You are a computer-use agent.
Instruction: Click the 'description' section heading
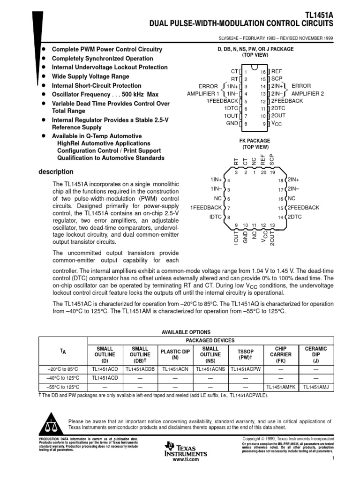(56, 172)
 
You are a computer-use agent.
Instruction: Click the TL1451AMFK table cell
(281, 387)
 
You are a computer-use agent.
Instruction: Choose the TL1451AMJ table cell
(315, 387)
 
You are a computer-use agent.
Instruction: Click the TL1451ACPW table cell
(245, 369)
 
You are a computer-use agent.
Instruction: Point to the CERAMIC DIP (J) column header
(315, 354)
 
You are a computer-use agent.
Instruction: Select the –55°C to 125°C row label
(63, 387)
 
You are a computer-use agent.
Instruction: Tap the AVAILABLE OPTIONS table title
(186, 331)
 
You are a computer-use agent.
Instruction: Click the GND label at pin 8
(232, 124)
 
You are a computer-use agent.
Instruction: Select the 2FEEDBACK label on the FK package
(303, 208)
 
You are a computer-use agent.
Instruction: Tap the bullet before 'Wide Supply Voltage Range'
(44, 76)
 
